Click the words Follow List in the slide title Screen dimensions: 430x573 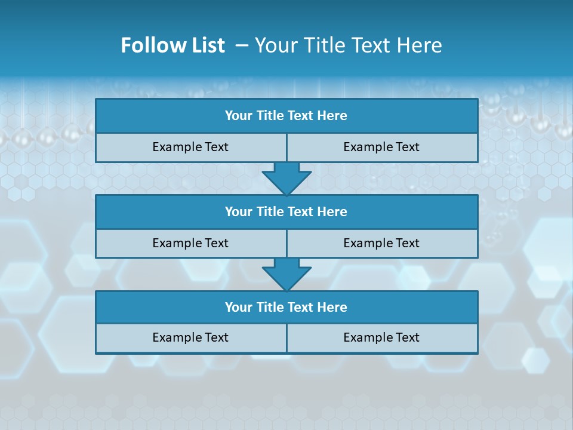click(x=172, y=45)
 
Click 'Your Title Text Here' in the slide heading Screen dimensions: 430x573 click(x=348, y=45)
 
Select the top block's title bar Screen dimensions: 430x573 click(x=286, y=116)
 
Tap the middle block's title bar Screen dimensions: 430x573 click(x=286, y=211)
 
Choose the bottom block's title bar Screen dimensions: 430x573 click(x=286, y=307)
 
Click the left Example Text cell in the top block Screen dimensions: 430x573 click(x=190, y=147)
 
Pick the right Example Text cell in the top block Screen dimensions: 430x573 click(x=382, y=147)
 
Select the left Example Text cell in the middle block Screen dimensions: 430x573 click(x=190, y=243)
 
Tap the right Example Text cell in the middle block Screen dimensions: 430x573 click(x=382, y=243)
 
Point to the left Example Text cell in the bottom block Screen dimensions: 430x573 click(x=190, y=337)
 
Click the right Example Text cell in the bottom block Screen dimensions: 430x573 click(x=382, y=337)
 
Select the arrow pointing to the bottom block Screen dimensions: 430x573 click(x=286, y=274)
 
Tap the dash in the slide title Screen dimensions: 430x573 click(x=242, y=45)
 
